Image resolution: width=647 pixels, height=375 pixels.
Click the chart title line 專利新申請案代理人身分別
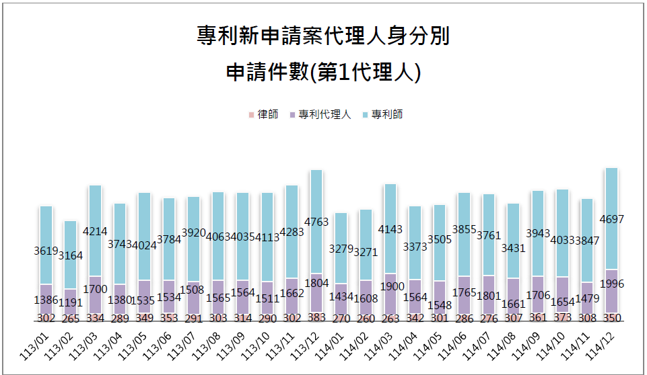323,36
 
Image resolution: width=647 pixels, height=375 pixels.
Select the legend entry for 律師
263,114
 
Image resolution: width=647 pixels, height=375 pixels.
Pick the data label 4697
611,236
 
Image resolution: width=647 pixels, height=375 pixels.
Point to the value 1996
611,284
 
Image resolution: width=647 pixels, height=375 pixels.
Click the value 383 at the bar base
316,317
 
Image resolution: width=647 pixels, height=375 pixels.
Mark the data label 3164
71,255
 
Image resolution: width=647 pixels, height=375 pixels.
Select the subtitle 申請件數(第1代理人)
323,72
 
